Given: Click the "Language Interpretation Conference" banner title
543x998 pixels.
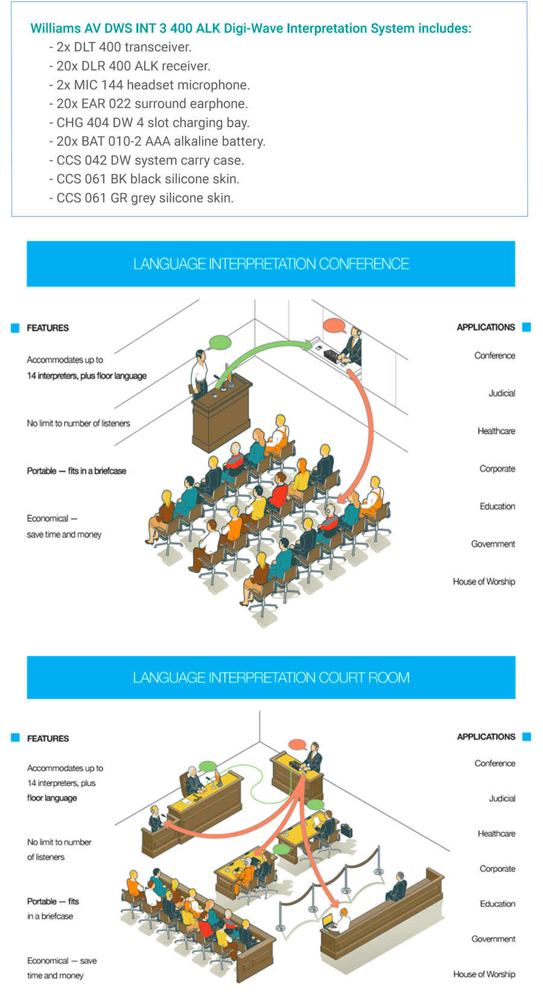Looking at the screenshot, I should pyautogui.click(x=271, y=264).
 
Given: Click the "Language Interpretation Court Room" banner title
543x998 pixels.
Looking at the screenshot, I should pyautogui.click(x=271, y=678).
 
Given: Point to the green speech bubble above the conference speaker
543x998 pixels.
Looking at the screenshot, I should pyautogui.click(x=220, y=343).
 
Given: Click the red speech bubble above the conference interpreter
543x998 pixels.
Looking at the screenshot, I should pyautogui.click(x=334, y=326).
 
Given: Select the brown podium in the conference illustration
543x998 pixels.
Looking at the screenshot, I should pyautogui.click(x=221, y=416).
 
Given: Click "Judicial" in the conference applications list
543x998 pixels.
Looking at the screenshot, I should pyautogui.click(x=501, y=393).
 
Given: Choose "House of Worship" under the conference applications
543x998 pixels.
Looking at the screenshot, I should pyautogui.click(x=484, y=581).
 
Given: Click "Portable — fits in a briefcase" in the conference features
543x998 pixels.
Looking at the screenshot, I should pyautogui.click(x=77, y=471).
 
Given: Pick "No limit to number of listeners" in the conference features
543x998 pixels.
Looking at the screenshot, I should pyautogui.click(x=78, y=423).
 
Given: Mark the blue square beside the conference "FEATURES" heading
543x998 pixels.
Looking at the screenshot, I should pyautogui.click(x=15, y=328).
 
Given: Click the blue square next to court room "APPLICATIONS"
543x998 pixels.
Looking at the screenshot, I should pyautogui.click(x=527, y=736).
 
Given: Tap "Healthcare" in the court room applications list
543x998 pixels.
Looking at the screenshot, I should pyautogui.click(x=496, y=833).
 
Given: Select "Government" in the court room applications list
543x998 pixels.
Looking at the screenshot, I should pyautogui.click(x=493, y=939).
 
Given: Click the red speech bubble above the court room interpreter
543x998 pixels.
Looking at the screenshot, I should pyautogui.click(x=297, y=744).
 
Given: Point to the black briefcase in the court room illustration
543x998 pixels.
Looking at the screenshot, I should pyautogui.click(x=346, y=830).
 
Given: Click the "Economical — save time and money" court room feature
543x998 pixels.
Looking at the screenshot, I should pyautogui.click(x=62, y=968).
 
